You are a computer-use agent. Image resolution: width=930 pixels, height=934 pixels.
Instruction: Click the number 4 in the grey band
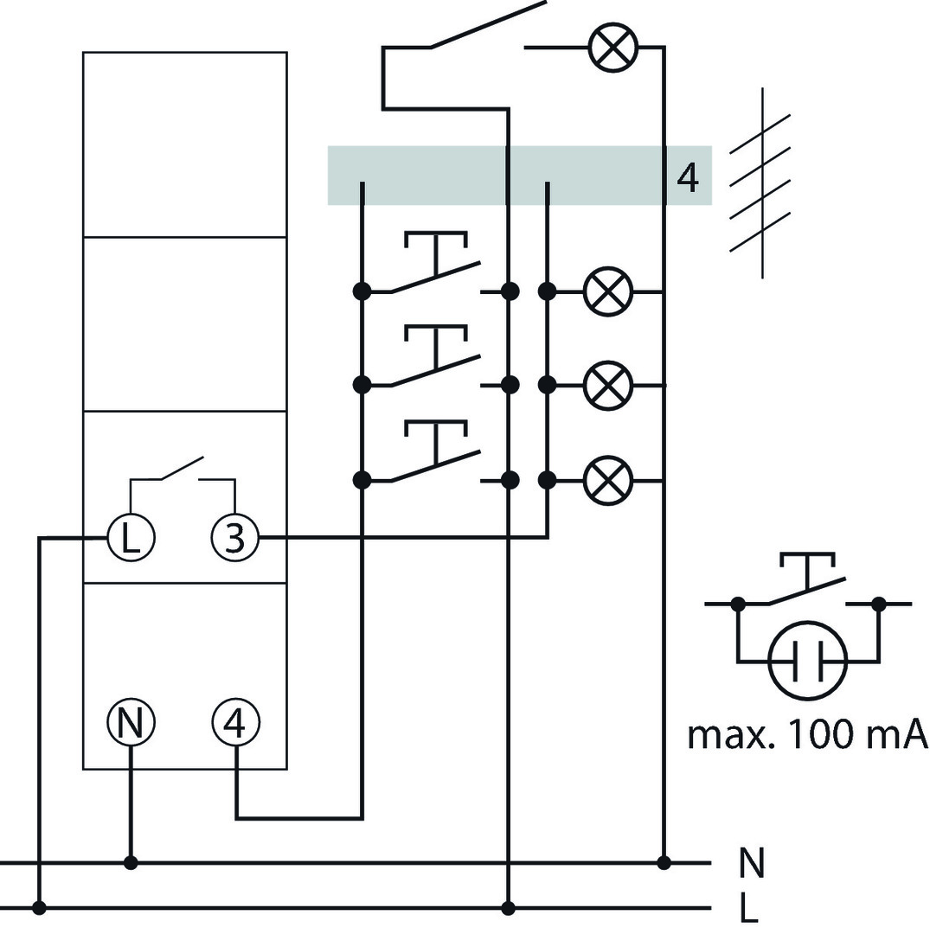(x=688, y=177)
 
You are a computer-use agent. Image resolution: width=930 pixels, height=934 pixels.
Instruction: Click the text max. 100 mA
(x=807, y=734)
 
